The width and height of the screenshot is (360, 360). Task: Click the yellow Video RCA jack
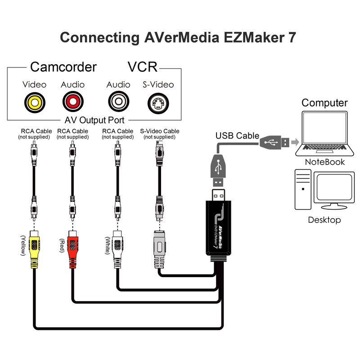pos(35,103)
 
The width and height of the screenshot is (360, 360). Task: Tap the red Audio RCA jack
pos(73,102)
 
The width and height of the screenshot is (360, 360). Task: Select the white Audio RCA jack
pos(118,102)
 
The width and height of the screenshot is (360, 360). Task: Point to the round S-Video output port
pos(158,103)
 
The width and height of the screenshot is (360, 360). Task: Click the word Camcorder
pos(63,67)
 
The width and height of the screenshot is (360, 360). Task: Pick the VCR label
pos(142,67)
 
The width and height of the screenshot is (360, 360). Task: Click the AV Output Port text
pos(94,120)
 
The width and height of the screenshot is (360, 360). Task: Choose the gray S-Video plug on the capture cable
pos(159,250)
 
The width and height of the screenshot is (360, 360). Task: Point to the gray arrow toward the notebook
pos(295,142)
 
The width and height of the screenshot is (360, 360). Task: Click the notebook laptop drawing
pos(324,134)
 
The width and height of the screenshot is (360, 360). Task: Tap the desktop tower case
pos(303,189)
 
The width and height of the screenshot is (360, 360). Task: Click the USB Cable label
pos(237,136)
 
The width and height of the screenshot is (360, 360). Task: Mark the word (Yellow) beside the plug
pos(23,245)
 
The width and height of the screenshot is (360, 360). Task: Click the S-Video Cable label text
pos(160,131)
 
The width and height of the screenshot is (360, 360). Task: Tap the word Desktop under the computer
pos(324,220)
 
